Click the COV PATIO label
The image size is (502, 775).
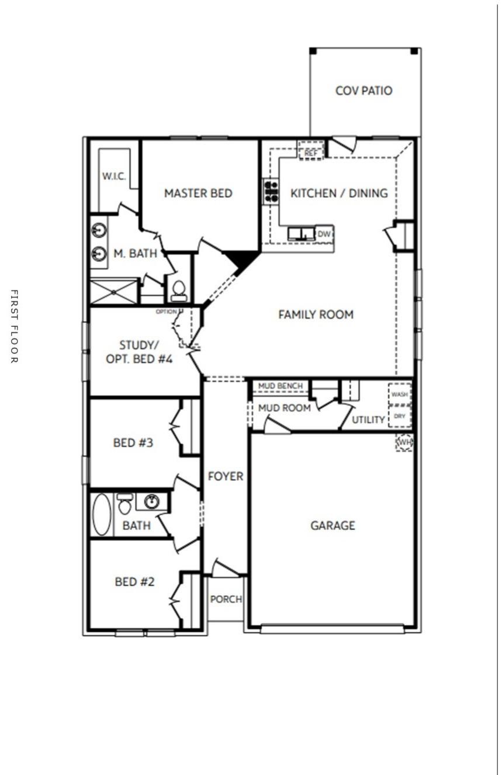point(363,91)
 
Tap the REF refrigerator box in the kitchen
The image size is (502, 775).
point(311,151)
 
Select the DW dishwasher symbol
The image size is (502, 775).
point(324,234)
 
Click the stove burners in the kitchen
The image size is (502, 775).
point(271,191)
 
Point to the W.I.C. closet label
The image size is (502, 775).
point(114,176)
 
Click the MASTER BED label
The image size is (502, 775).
point(198,193)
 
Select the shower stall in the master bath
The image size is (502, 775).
point(113,292)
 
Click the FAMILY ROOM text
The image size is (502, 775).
point(316,315)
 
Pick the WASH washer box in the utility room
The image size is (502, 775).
point(400,395)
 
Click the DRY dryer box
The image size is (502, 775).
point(400,416)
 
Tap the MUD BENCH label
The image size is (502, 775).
point(281,386)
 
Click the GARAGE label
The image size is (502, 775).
point(333,526)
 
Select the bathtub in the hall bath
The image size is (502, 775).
point(102,514)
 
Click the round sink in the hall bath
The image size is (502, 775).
point(152,501)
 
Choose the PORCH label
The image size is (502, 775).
point(226,599)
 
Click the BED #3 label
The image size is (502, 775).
point(133,443)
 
